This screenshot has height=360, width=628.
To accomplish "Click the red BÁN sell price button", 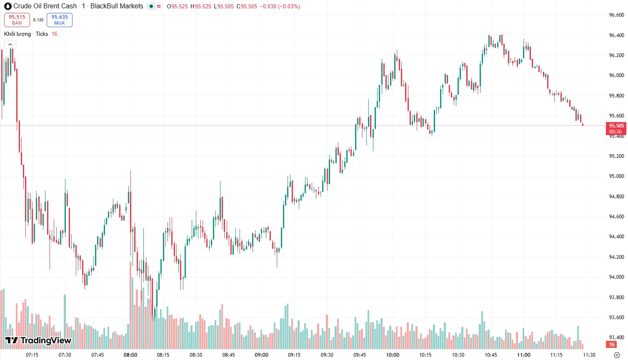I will point(17,20).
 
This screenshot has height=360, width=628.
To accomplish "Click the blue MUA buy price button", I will point(60,20).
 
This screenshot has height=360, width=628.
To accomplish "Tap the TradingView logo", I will point(38,340).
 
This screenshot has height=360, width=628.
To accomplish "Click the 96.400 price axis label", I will point(616,35).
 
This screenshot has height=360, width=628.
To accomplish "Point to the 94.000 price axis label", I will point(616,277).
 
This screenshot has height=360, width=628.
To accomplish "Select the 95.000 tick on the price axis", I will point(616,176).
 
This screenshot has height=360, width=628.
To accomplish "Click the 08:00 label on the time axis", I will point(130,355).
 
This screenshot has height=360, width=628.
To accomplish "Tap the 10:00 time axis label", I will point(393,355).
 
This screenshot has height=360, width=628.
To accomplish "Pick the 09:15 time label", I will point(294,355).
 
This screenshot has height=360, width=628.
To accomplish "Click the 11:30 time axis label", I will point(589,355).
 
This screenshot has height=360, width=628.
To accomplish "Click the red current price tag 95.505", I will point(616,128).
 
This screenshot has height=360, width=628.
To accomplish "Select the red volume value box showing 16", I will point(612,345).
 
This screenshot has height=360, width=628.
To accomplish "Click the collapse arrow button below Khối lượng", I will point(10,45).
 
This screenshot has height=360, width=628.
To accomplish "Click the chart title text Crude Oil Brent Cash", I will point(45,6).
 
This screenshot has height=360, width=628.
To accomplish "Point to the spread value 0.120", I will point(38,20).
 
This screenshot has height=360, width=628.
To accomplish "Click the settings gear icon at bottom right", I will point(617,355).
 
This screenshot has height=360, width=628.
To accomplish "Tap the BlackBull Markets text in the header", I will point(117,6).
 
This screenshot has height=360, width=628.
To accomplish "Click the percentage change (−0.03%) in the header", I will point(285,6).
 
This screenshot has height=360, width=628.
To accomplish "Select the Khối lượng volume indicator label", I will point(18,34).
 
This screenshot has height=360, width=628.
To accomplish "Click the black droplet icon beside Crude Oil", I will point(8,6).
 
